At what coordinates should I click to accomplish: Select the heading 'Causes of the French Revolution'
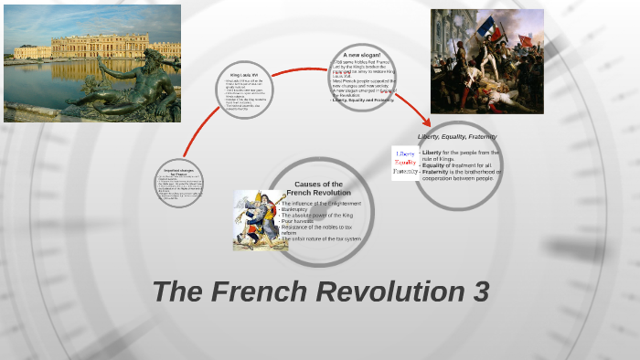click(x=318, y=189)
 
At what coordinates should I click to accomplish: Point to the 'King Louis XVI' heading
click(x=245, y=74)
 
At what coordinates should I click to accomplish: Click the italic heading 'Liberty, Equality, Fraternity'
click(x=457, y=136)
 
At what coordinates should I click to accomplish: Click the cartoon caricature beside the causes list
click(x=259, y=220)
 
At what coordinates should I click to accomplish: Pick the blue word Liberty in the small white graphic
click(x=406, y=154)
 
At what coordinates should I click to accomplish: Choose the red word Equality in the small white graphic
click(x=405, y=163)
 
